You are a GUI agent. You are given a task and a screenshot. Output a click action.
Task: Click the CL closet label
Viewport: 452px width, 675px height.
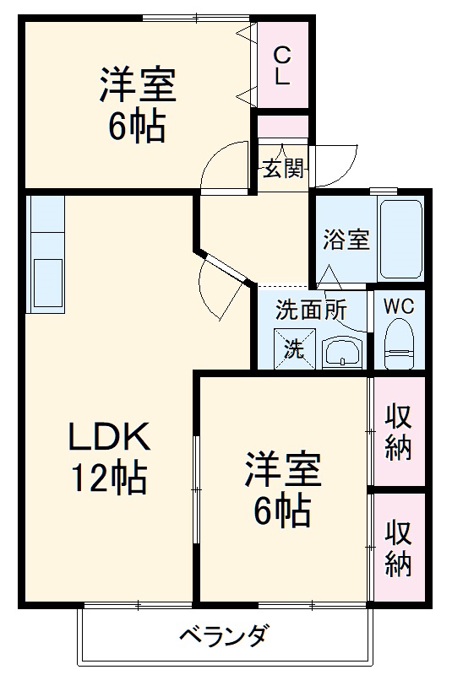[283, 65]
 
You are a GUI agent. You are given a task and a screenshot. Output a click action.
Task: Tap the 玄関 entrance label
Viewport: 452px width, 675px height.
[283, 169]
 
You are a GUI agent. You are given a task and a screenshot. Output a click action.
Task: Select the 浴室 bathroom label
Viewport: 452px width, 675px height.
[346, 239]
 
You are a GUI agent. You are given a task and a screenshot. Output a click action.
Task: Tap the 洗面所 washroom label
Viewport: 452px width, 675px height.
[311, 310]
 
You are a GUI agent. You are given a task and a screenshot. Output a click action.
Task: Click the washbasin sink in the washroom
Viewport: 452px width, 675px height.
[342, 351]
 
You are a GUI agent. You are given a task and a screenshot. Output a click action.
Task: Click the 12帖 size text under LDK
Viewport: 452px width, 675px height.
[109, 479]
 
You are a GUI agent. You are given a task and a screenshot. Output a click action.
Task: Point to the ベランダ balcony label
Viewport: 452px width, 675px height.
[226, 635]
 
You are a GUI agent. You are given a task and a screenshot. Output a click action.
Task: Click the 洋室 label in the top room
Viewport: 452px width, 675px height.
[137, 85]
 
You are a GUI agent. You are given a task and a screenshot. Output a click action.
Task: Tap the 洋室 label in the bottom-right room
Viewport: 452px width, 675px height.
[283, 469]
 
